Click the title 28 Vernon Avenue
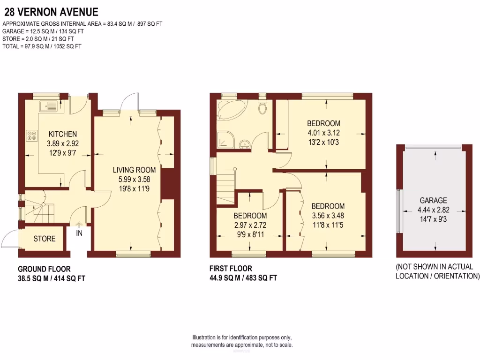(x=52, y=11)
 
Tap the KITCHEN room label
(x=62, y=134)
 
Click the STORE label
(x=45, y=239)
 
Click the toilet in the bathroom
(x=262, y=108)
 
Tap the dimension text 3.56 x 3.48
(x=328, y=216)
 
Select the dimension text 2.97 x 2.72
(x=250, y=225)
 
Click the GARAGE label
(x=433, y=200)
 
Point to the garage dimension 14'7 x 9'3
(x=433, y=218)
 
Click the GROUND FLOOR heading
(x=44, y=269)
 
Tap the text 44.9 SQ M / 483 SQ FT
(x=243, y=278)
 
